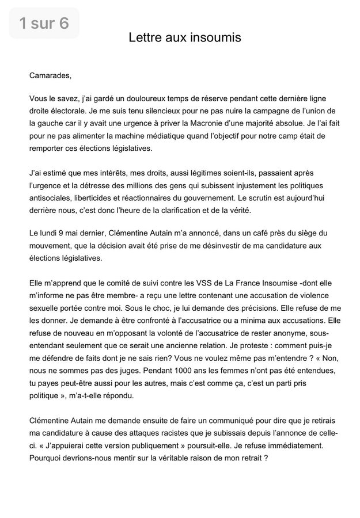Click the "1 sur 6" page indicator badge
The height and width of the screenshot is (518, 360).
point(44,23)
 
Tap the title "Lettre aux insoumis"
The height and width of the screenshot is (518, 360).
point(184,38)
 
